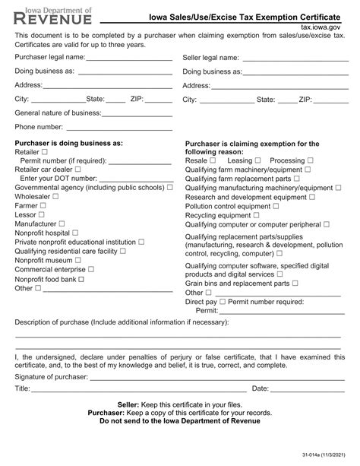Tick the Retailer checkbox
click(45, 152)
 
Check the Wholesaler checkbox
click(55, 196)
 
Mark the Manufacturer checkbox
click(62, 223)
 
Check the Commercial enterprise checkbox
click(91, 269)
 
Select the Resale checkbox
click(213, 161)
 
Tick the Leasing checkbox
click(258, 161)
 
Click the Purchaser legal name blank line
click(129, 59)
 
